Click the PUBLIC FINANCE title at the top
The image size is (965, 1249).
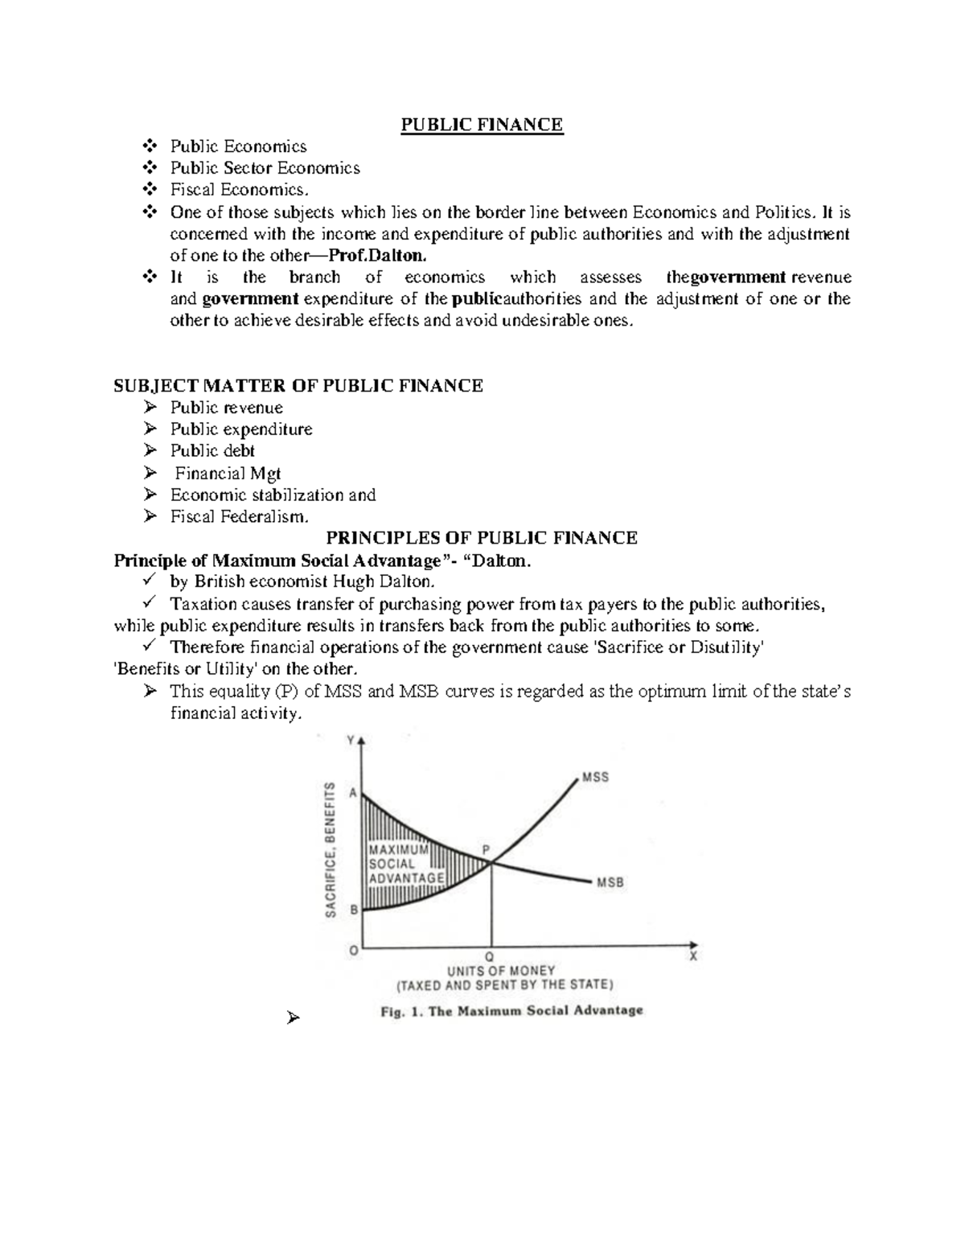(x=482, y=125)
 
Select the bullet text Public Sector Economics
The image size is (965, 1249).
(x=265, y=168)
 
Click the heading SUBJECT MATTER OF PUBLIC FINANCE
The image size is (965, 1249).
(x=298, y=386)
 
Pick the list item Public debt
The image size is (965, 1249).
(x=212, y=451)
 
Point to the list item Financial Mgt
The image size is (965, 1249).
(x=228, y=474)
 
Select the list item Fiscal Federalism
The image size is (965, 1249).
(x=239, y=517)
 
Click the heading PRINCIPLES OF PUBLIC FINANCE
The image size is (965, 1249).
(x=481, y=538)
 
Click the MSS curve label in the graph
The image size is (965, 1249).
(x=595, y=777)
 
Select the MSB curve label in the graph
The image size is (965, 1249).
(x=610, y=882)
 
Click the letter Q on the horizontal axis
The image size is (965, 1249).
(x=490, y=957)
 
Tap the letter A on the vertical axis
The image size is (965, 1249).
(x=352, y=792)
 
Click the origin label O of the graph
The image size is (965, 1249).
(x=352, y=950)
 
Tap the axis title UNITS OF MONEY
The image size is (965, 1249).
(x=501, y=971)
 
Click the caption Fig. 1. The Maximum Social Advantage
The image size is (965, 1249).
(x=511, y=1011)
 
